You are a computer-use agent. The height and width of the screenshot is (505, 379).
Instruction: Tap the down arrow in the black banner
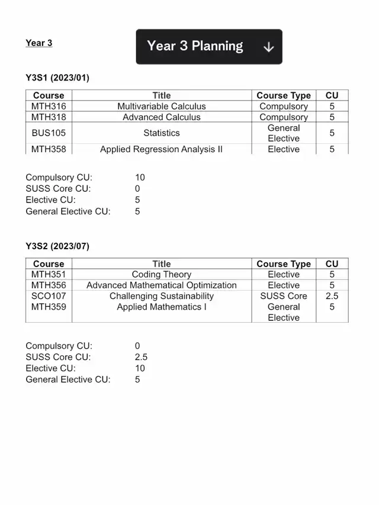pyautogui.click(x=268, y=47)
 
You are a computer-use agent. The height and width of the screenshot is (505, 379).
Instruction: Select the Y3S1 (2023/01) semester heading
pyautogui.click(x=57, y=78)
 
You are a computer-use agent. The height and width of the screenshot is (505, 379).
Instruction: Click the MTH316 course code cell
pyautogui.click(x=49, y=107)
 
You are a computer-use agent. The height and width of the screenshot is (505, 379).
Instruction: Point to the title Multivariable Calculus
pyautogui.click(x=162, y=107)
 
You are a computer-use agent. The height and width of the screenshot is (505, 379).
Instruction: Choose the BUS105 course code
pyautogui.click(x=49, y=133)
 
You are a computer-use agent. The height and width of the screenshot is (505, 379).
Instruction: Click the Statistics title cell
pyautogui.click(x=162, y=133)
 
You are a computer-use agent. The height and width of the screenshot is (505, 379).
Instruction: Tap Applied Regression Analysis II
pyautogui.click(x=162, y=149)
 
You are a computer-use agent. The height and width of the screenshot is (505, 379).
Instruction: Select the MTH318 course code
pyautogui.click(x=49, y=117)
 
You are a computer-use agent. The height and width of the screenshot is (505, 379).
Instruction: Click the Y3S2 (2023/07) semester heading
pyautogui.click(x=57, y=246)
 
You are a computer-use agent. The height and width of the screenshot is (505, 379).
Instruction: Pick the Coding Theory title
pyautogui.click(x=162, y=275)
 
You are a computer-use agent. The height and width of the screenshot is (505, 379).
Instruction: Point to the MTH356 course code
pyautogui.click(x=49, y=285)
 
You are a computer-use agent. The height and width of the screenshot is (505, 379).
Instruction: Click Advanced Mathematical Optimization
pyautogui.click(x=162, y=285)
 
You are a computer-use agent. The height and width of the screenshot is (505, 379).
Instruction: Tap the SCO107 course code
pyautogui.click(x=49, y=296)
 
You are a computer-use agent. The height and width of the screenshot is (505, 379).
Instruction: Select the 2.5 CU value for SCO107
pyautogui.click(x=332, y=296)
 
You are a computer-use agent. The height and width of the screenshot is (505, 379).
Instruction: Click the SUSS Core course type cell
pyautogui.click(x=284, y=296)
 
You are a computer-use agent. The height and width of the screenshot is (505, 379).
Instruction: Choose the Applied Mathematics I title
pyautogui.click(x=162, y=307)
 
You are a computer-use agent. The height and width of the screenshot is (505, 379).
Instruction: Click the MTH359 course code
pyautogui.click(x=49, y=307)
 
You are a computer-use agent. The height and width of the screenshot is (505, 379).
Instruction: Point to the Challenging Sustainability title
pyautogui.click(x=162, y=296)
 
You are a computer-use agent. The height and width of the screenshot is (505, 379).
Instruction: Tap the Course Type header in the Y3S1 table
pyautogui.click(x=284, y=95)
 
